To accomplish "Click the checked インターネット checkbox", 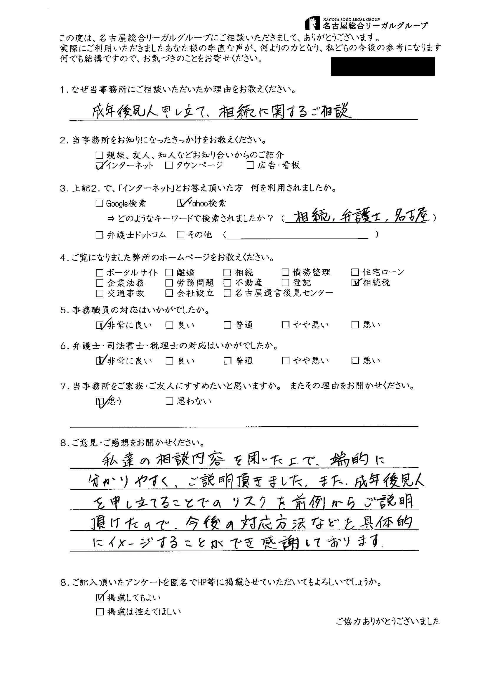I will (x=99, y=165).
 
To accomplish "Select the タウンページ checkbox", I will (x=169, y=165).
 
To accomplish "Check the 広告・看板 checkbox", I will (x=250, y=165).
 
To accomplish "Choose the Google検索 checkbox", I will (x=99, y=203).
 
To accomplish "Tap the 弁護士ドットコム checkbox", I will (x=99, y=235).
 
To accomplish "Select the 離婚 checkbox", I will (x=169, y=272).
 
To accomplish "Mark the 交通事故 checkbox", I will (x=99, y=293).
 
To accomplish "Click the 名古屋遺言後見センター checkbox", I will (x=227, y=293).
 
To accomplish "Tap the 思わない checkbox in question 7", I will (x=169, y=401).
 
